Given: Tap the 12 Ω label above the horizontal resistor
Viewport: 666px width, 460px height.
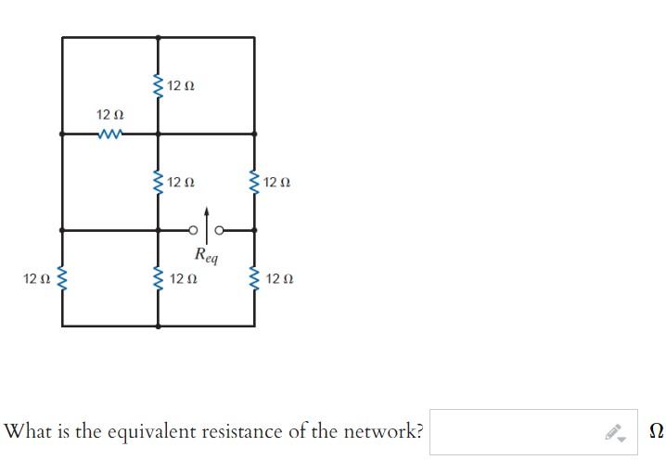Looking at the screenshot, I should [x=109, y=114].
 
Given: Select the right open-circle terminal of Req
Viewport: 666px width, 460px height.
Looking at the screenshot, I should [x=220, y=230].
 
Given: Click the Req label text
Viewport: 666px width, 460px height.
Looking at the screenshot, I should [x=206, y=255].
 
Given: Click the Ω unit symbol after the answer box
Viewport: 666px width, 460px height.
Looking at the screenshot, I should [x=656, y=432].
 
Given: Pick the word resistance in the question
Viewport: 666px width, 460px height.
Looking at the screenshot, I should [x=251, y=432].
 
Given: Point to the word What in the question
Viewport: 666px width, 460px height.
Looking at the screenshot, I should [x=26, y=432].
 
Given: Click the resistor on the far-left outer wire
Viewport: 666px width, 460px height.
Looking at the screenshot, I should [x=62, y=278].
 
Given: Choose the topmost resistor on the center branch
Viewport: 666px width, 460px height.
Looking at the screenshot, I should [x=158, y=86].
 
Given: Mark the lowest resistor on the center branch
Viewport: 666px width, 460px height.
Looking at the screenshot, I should [x=158, y=278].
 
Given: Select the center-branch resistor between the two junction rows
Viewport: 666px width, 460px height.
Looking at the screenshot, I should [x=158, y=182].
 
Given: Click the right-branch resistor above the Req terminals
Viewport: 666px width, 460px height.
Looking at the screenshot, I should [x=254, y=182].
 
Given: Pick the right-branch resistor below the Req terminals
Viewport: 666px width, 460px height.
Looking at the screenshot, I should [x=254, y=278].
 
